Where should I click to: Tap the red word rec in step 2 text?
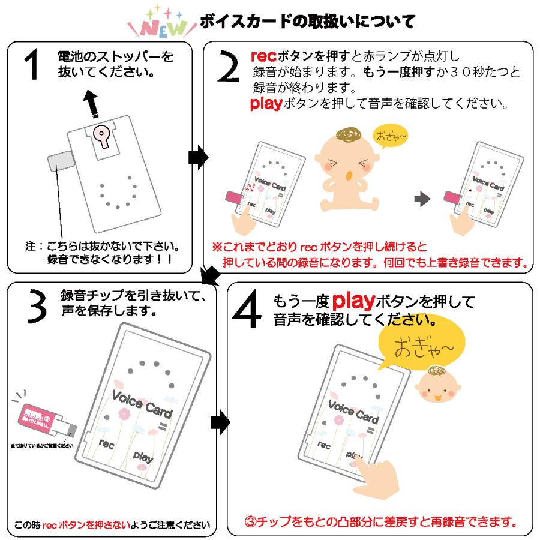click(263, 58)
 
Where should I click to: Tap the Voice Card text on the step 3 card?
click(142, 404)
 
